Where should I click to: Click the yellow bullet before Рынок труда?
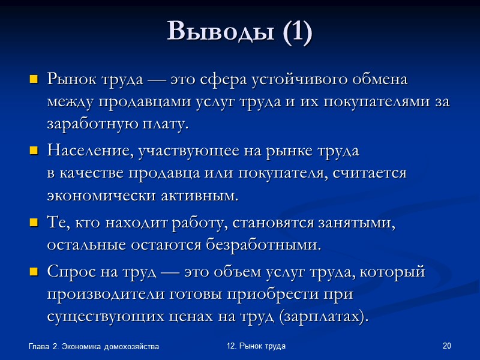tap(34, 79)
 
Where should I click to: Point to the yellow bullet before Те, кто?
tap(34, 223)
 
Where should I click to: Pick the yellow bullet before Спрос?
tap(34, 272)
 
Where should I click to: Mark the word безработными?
tap(275, 245)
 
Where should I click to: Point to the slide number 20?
tap(446, 346)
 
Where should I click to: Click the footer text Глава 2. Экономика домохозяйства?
tap(94, 347)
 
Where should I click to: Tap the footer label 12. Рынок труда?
tap(256, 346)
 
